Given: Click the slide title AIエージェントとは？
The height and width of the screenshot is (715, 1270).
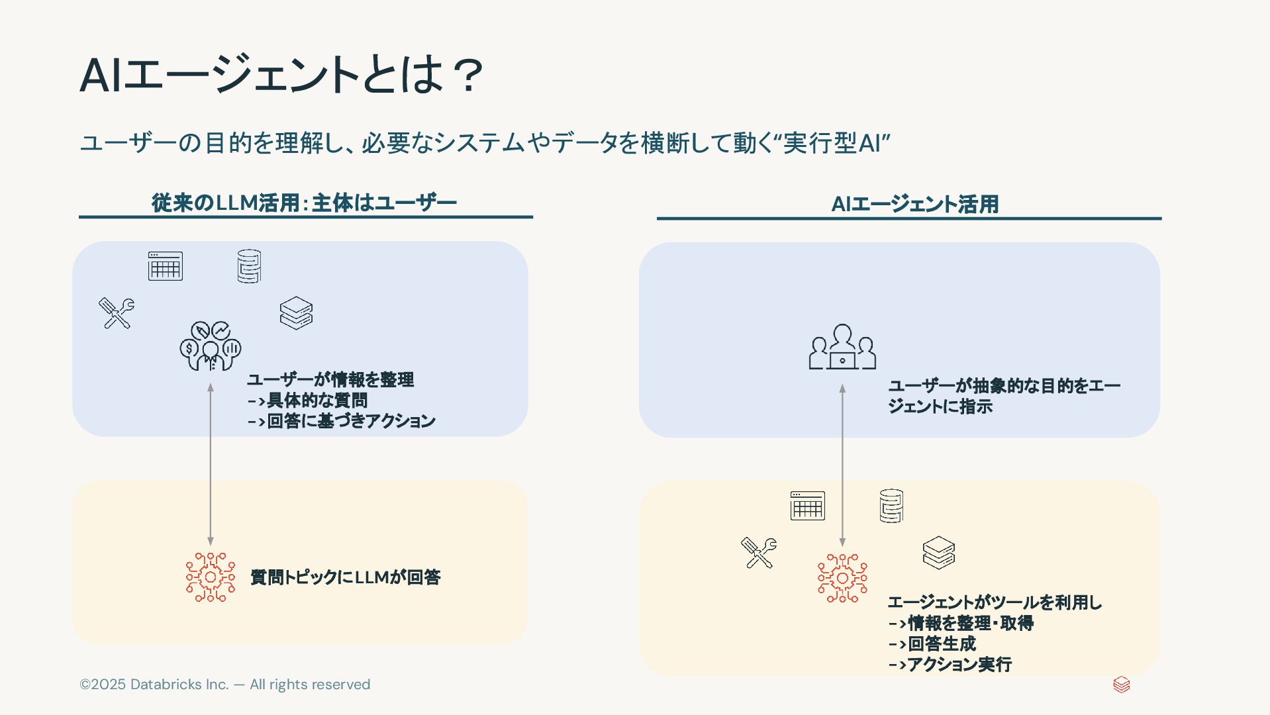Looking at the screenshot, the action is pyautogui.click(x=281, y=74).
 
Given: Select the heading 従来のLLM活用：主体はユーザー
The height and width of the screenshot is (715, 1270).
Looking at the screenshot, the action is pyautogui.click(x=304, y=203).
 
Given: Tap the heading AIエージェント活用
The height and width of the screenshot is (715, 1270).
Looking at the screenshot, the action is pyautogui.click(x=914, y=204).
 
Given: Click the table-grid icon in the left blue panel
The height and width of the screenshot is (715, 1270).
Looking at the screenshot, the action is pyautogui.click(x=166, y=266).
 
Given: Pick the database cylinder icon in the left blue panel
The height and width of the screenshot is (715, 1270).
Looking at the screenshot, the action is pyautogui.click(x=249, y=266).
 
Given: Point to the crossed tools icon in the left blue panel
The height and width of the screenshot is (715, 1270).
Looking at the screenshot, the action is pyautogui.click(x=117, y=313).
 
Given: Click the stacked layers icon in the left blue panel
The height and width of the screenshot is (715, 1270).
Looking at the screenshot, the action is pyautogui.click(x=296, y=313).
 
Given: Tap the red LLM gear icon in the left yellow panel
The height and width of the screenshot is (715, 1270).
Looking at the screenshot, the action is pyautogui.click(x=211, y=577).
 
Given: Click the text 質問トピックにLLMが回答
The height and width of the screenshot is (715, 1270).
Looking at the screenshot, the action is pyautogui.click(x=345, y=577).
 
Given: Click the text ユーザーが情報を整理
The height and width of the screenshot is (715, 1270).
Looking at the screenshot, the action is pyautogui.click(x=330, y=379).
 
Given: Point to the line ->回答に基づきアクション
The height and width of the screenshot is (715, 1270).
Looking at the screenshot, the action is pyautogui.click(x=341, y=421).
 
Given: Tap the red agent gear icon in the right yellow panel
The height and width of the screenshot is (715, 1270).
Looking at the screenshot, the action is pyautogui.click(x=842, y=578).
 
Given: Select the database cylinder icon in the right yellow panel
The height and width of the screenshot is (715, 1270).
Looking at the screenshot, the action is pyautogui.click(x=891, y=506).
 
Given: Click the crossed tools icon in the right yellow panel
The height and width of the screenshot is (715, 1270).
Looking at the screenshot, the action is pyautogui.click(x=759, y=553).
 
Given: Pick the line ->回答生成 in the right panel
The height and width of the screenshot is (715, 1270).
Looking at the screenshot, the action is pyautogui.click(x=932, y=643).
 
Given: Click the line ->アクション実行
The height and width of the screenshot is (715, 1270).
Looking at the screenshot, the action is pyautogui.click(x=950, y=664).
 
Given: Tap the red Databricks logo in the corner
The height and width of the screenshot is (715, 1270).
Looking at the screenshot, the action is pyautogui.click(x=1121, y=685).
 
